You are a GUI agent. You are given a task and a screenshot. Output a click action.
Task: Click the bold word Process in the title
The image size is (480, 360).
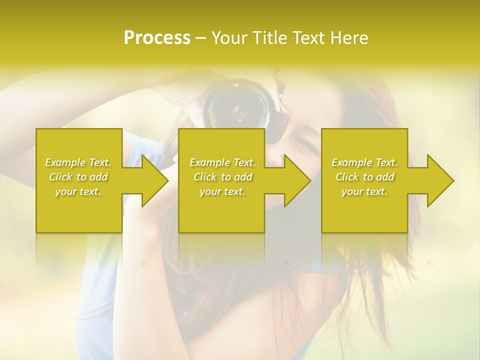157,38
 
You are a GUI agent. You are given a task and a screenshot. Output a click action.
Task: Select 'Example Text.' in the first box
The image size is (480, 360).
78,162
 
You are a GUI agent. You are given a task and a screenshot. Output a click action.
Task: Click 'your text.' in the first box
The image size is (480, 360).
78,191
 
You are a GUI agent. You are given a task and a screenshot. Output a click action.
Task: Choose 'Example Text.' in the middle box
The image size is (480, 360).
222,162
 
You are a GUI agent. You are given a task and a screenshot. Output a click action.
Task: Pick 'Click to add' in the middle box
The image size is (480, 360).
222,177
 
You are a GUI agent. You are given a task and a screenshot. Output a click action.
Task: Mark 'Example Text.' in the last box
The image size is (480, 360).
364,162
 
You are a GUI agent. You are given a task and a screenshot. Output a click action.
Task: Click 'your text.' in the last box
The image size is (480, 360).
364,191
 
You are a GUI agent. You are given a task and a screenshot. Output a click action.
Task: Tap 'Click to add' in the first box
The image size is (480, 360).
78,177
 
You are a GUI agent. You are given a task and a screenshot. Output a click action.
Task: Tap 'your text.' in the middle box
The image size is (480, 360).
222,191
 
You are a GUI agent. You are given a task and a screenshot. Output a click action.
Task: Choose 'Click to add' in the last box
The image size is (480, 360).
364,177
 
